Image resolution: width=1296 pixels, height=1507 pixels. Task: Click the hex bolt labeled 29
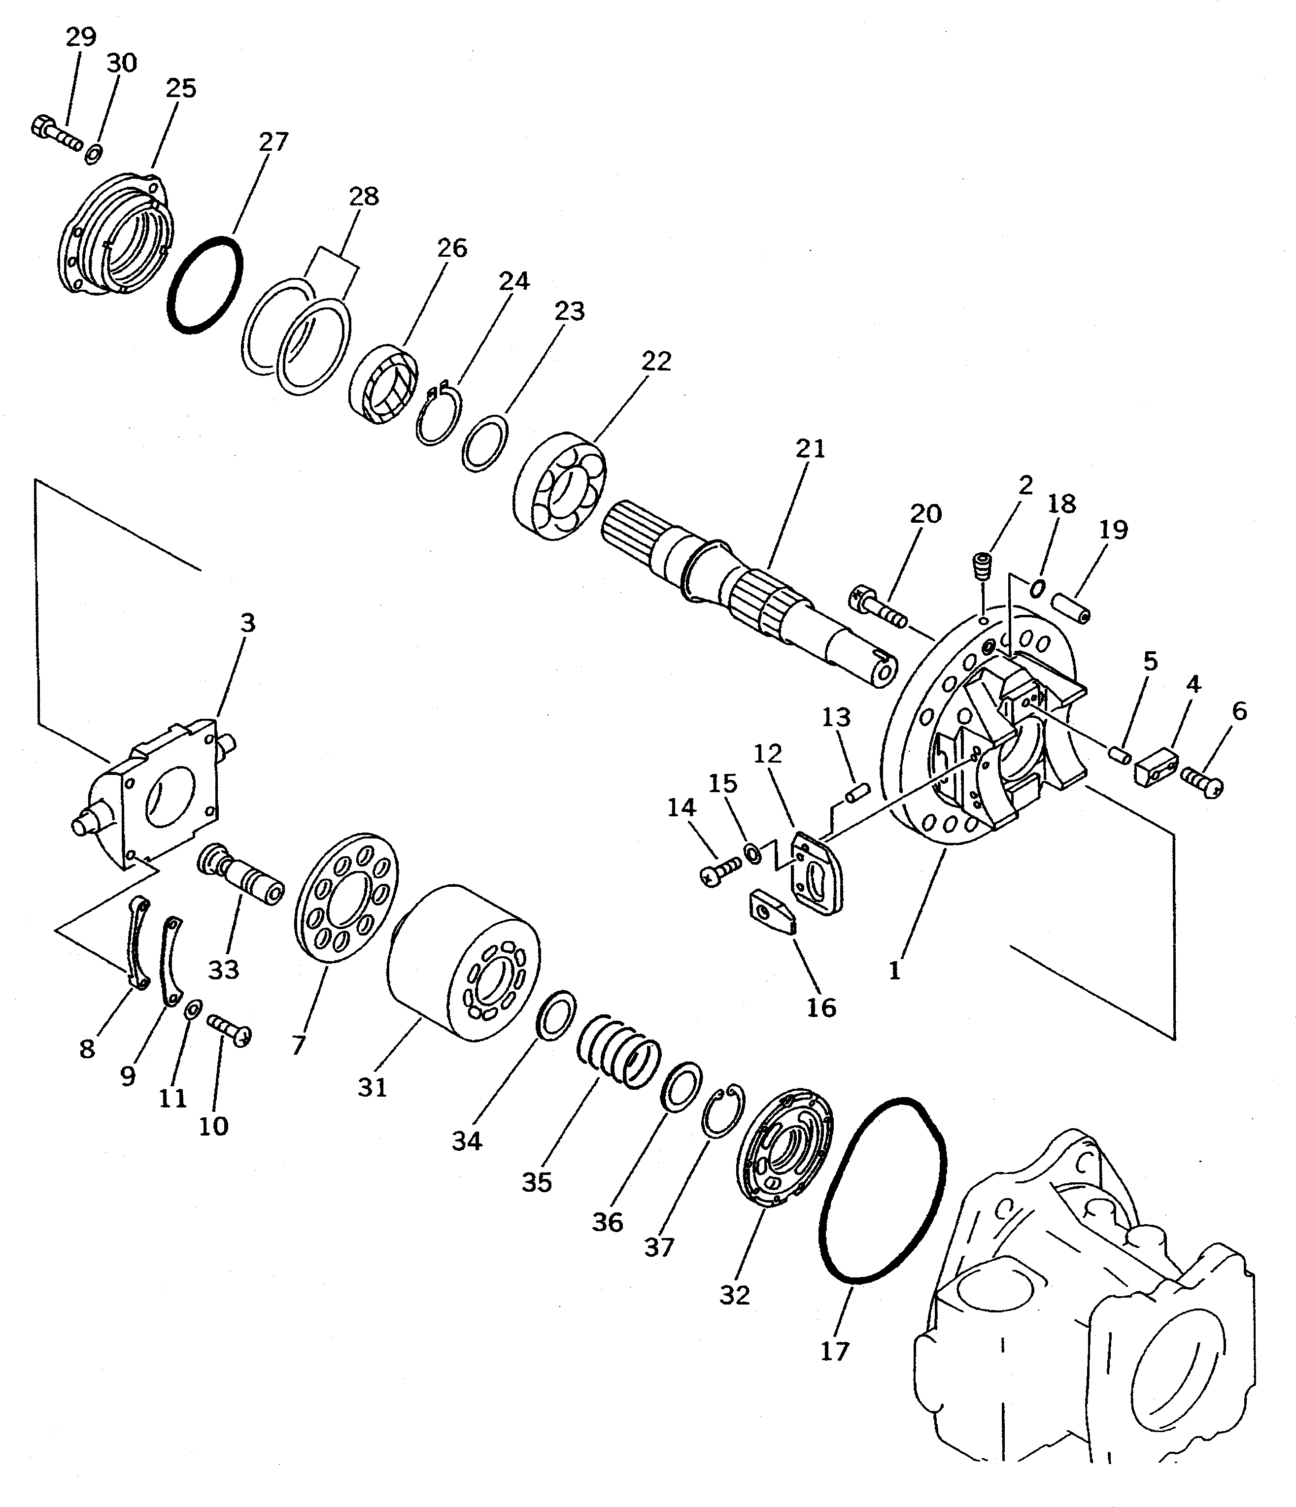click(55, 134)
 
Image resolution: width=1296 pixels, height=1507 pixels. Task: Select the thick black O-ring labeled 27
click(205, 284)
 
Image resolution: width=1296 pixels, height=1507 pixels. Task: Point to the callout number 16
click(821, 1007)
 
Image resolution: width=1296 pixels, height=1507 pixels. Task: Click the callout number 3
click(248, 623)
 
